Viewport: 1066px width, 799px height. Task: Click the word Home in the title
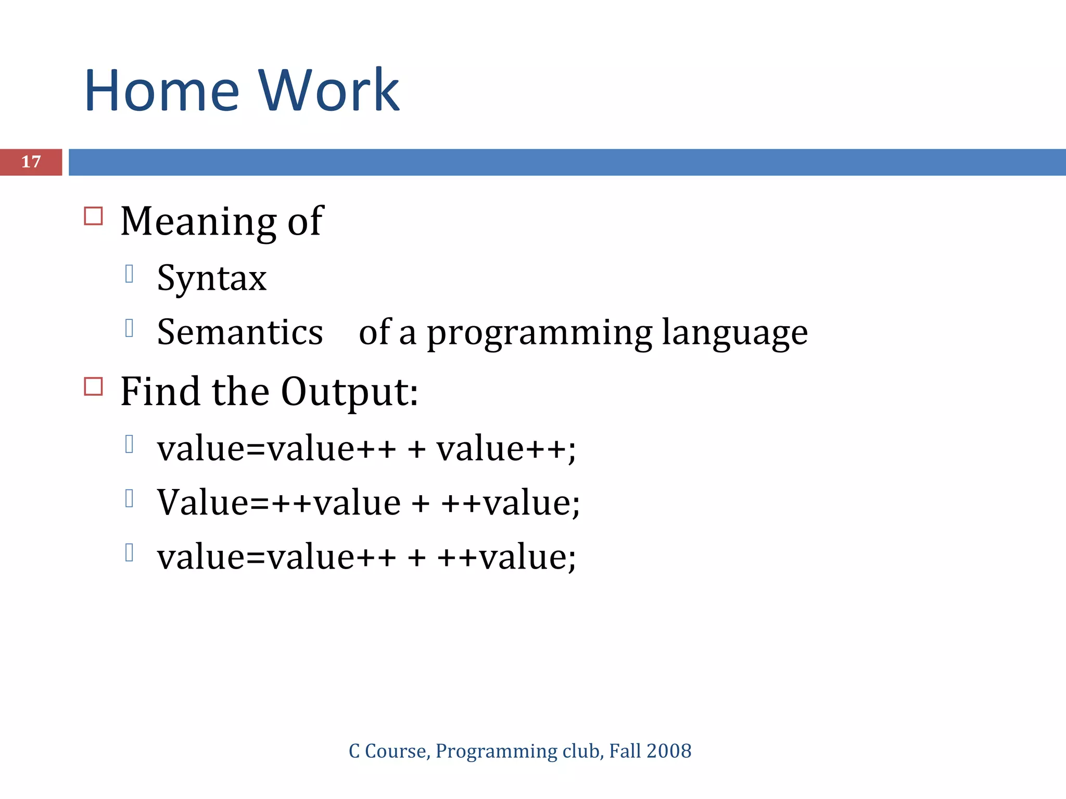(x=162, y=91)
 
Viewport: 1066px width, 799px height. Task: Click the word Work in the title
(x=329, y=91)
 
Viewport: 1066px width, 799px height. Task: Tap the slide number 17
(x=31, y=162)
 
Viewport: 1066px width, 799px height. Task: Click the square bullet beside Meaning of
(x=94, y=216)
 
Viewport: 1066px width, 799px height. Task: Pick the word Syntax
(x=212, y=278)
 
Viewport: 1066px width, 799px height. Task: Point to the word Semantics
(x=240, y=332)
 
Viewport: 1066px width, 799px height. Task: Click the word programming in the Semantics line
(x=539, y=333)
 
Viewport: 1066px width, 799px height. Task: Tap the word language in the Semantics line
(x=734, y=333)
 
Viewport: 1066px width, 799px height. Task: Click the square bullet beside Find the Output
(x=94, y=386)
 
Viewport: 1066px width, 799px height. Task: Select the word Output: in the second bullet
(x=349, y=392)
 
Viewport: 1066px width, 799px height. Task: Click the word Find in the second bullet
(x=160, y=392)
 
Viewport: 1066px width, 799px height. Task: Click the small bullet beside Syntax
(x=130, y=274)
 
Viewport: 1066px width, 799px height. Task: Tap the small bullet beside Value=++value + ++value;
(x=130, y=498)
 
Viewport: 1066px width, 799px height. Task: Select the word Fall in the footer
(x=625, y=751)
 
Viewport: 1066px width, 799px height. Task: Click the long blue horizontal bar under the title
(x=567, y=162)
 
